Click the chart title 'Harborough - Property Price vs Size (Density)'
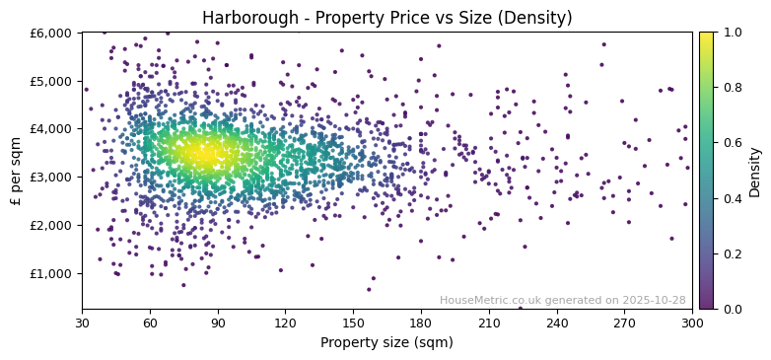[386, 18]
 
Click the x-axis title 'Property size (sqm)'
[386, 342]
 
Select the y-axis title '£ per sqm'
[16, 171]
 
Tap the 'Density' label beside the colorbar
[754, 171]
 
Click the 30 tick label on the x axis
[82, 323]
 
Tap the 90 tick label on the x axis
[218, 323]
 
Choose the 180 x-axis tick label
[421, 323]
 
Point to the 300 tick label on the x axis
[692, 323]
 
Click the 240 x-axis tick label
[557, 323]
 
